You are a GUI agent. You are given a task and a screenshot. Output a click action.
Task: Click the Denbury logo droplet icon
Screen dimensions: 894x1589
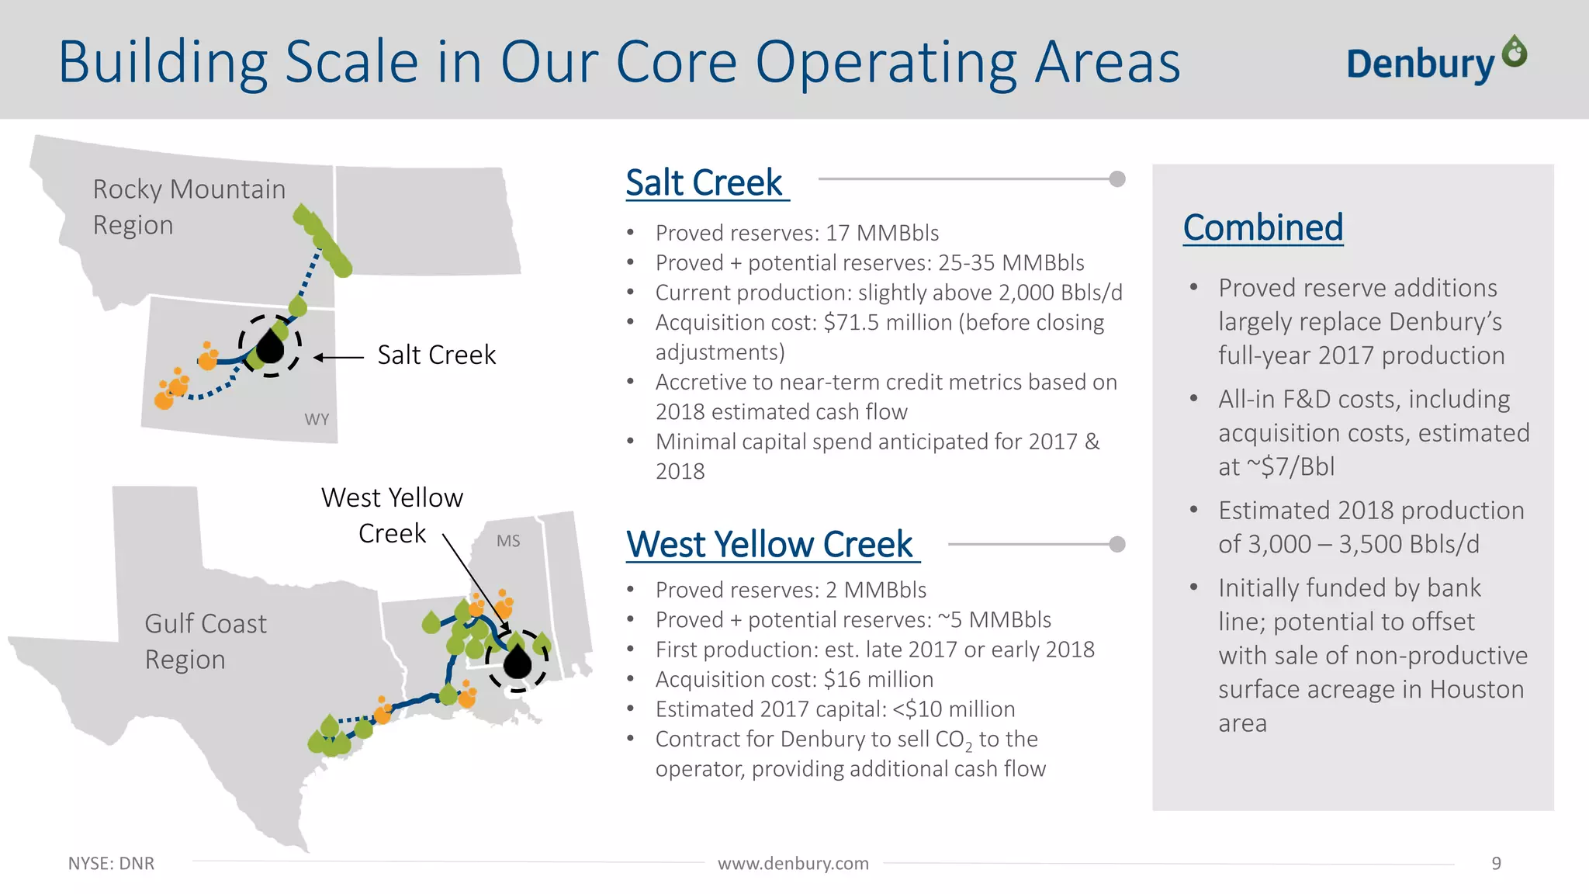pyautogui.click(x=1514, y=52)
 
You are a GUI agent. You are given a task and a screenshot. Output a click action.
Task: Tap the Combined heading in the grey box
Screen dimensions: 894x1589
pyautogui.click(x=1262, y=227)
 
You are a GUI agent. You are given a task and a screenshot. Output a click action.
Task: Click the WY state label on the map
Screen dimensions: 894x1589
pyautogui.click(x=317, y=420)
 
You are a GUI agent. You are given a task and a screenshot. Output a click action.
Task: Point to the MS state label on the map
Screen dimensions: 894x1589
pyautogui.click(x=508, y=541)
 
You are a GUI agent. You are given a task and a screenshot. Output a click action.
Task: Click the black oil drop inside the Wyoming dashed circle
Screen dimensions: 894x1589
pyautogui.click(x=269, y=347)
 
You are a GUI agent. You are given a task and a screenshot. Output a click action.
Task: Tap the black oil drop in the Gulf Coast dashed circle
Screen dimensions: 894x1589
pyautogui.click(x=518, y=662)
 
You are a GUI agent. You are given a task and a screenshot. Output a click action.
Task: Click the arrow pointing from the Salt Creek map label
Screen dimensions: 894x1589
pyautogui.click(x=338, y=358)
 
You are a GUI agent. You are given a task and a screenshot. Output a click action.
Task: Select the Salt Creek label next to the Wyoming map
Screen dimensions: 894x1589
pyautogui.click(x=436, y=355)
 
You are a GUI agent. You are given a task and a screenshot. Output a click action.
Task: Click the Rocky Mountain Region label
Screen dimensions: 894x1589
pyautogui.click(x=189, y=206)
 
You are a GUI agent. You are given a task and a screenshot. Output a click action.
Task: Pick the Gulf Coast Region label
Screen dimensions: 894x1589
pyautogui.click(x=205, y=641)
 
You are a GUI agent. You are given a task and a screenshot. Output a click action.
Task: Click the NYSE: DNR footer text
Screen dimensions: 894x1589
pyautogui.click(x=111, y=863)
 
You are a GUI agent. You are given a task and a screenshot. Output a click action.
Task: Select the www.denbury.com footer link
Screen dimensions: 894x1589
pyautogui.click(x=793, y=863)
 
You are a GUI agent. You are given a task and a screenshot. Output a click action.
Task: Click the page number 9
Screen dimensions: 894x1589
pyautogui.click(x=1496, y=863)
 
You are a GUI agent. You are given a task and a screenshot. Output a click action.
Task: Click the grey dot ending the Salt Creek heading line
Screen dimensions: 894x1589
pyautogui.click(x=1117, y=179)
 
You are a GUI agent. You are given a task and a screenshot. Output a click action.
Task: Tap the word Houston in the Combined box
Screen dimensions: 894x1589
pyautogui.click(x=1476, y=689)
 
